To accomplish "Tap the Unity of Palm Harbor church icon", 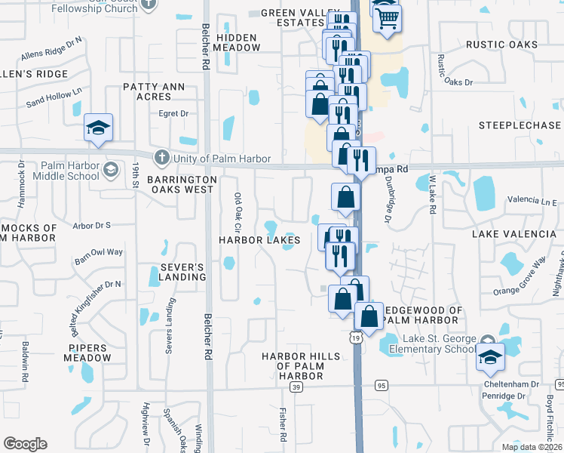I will click(x=161, y=157).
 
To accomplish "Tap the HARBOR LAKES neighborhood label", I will click(x=259, y=240).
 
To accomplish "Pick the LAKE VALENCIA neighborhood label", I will click(x=514, y=234).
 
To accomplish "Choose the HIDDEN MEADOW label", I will click(x=238, y=42).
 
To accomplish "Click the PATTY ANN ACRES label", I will click(x=154, y=91).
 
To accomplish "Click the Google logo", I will click(x=25, y=444).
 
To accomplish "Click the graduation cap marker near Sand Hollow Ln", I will click(x=98, y=128).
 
